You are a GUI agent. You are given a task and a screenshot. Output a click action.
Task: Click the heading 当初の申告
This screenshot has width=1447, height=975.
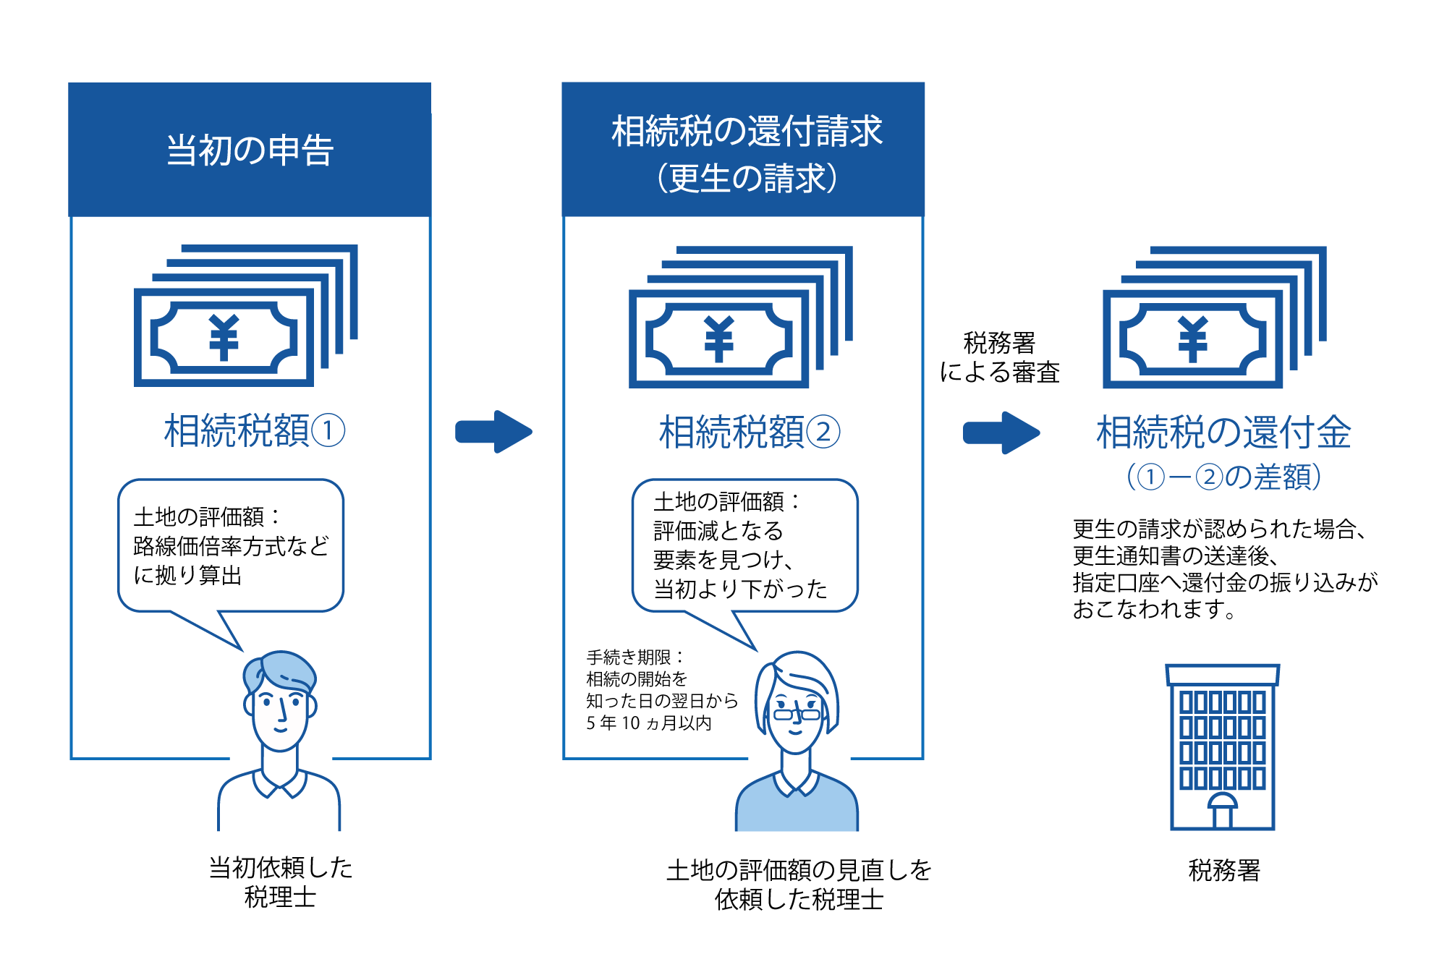(x=250, y=150)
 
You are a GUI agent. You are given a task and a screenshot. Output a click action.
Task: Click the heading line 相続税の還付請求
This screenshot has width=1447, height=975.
(x=747, y=131)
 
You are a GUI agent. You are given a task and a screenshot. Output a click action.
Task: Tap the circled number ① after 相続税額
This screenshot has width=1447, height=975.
(x=328, y=431)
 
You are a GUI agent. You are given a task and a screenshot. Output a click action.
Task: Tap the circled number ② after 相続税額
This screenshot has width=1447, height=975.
(x=823, y=433)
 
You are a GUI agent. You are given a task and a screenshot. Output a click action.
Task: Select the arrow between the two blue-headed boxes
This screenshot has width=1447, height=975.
(x=493, y=432)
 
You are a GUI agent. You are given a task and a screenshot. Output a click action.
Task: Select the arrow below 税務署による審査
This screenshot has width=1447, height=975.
(x=1001, y=433)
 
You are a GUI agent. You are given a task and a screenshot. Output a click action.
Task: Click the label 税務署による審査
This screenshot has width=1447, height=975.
(x=999, y=357)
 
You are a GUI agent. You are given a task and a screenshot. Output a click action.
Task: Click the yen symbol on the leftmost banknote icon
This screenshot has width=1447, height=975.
(x=224, y=337)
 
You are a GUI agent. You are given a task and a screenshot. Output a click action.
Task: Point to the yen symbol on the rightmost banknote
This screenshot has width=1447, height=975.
(x=1192, y=339)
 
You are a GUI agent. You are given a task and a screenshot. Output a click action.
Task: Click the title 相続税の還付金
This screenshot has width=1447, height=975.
(x=1223, y=433)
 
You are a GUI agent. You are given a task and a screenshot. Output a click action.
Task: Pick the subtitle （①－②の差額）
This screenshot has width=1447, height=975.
(x=1223, y=477)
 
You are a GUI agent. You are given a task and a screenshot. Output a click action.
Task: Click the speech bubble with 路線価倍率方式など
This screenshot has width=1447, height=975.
(x=230, y=546)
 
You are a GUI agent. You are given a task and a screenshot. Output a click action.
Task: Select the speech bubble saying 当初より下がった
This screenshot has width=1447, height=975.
(x=744, y=546)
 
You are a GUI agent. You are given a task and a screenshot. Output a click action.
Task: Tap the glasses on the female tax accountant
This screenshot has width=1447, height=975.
(x=797, y=714)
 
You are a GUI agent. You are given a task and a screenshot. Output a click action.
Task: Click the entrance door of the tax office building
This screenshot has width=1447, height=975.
(x=1222, y=815)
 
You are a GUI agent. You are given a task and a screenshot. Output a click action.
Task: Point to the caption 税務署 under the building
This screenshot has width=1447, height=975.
(x=1223, y=870)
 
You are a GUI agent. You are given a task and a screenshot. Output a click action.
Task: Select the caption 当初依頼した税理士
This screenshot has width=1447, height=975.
(x=280, y=882)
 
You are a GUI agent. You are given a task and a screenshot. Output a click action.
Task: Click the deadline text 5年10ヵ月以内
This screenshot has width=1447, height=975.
(x=648, y=723)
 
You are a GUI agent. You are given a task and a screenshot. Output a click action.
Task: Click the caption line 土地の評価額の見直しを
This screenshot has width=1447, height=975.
(x=799, y=869)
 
